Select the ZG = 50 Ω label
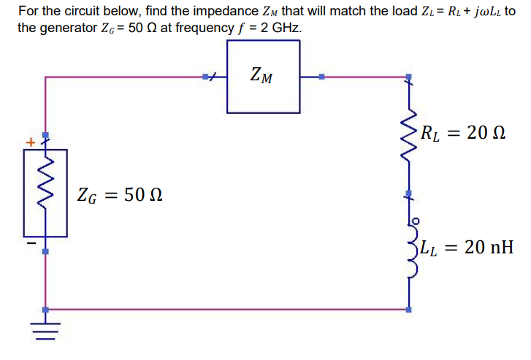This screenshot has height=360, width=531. pyautogui.click(x=120, y=195)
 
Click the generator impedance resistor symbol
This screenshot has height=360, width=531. pyautogui.click(x=45, y=192)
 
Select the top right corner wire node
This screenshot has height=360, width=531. pyautogui.click(x=409, y=76)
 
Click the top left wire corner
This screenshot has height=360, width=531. pyautogui.click(x=45, y=76)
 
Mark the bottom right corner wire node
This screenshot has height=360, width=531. pyautogui.click(x=409, y=310)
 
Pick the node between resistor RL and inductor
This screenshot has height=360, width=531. pyautogui.click(x=409, y=196)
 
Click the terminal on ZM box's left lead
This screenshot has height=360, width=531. pyautogui.click(x=207, y=76)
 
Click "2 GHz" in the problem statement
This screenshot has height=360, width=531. pyautogui.click(x=280, y=26)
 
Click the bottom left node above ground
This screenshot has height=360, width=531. pyautogui.click(x=45, y=310)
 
